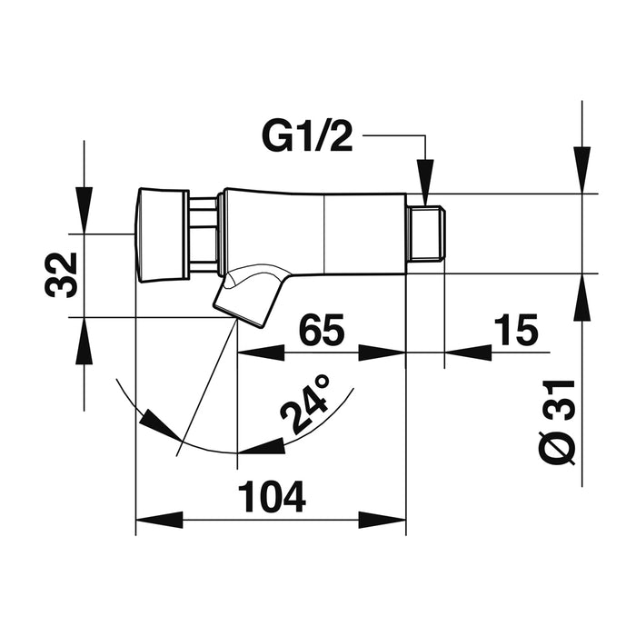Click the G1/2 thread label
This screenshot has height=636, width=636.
[307, 136]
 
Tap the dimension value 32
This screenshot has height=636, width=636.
[61, 275]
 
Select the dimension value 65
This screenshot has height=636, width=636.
[322, 329]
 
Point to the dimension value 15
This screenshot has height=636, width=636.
[515, 329]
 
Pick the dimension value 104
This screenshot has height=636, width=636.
[272, 497]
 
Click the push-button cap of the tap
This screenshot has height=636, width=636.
[163, 234]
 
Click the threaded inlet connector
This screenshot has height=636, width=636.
[426, 234]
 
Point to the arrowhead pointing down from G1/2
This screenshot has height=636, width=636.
[425, 183]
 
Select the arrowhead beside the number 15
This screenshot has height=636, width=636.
[469, 353]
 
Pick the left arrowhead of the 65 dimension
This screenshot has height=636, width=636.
[261, 353]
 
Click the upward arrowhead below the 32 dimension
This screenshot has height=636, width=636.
[84, 341]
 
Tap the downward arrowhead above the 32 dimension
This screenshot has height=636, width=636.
[84, 210]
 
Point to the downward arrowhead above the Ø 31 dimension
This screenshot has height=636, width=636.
[582, 170]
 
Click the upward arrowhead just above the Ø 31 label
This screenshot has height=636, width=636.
[582, 297]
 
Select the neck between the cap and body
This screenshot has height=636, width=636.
[203, 234]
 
